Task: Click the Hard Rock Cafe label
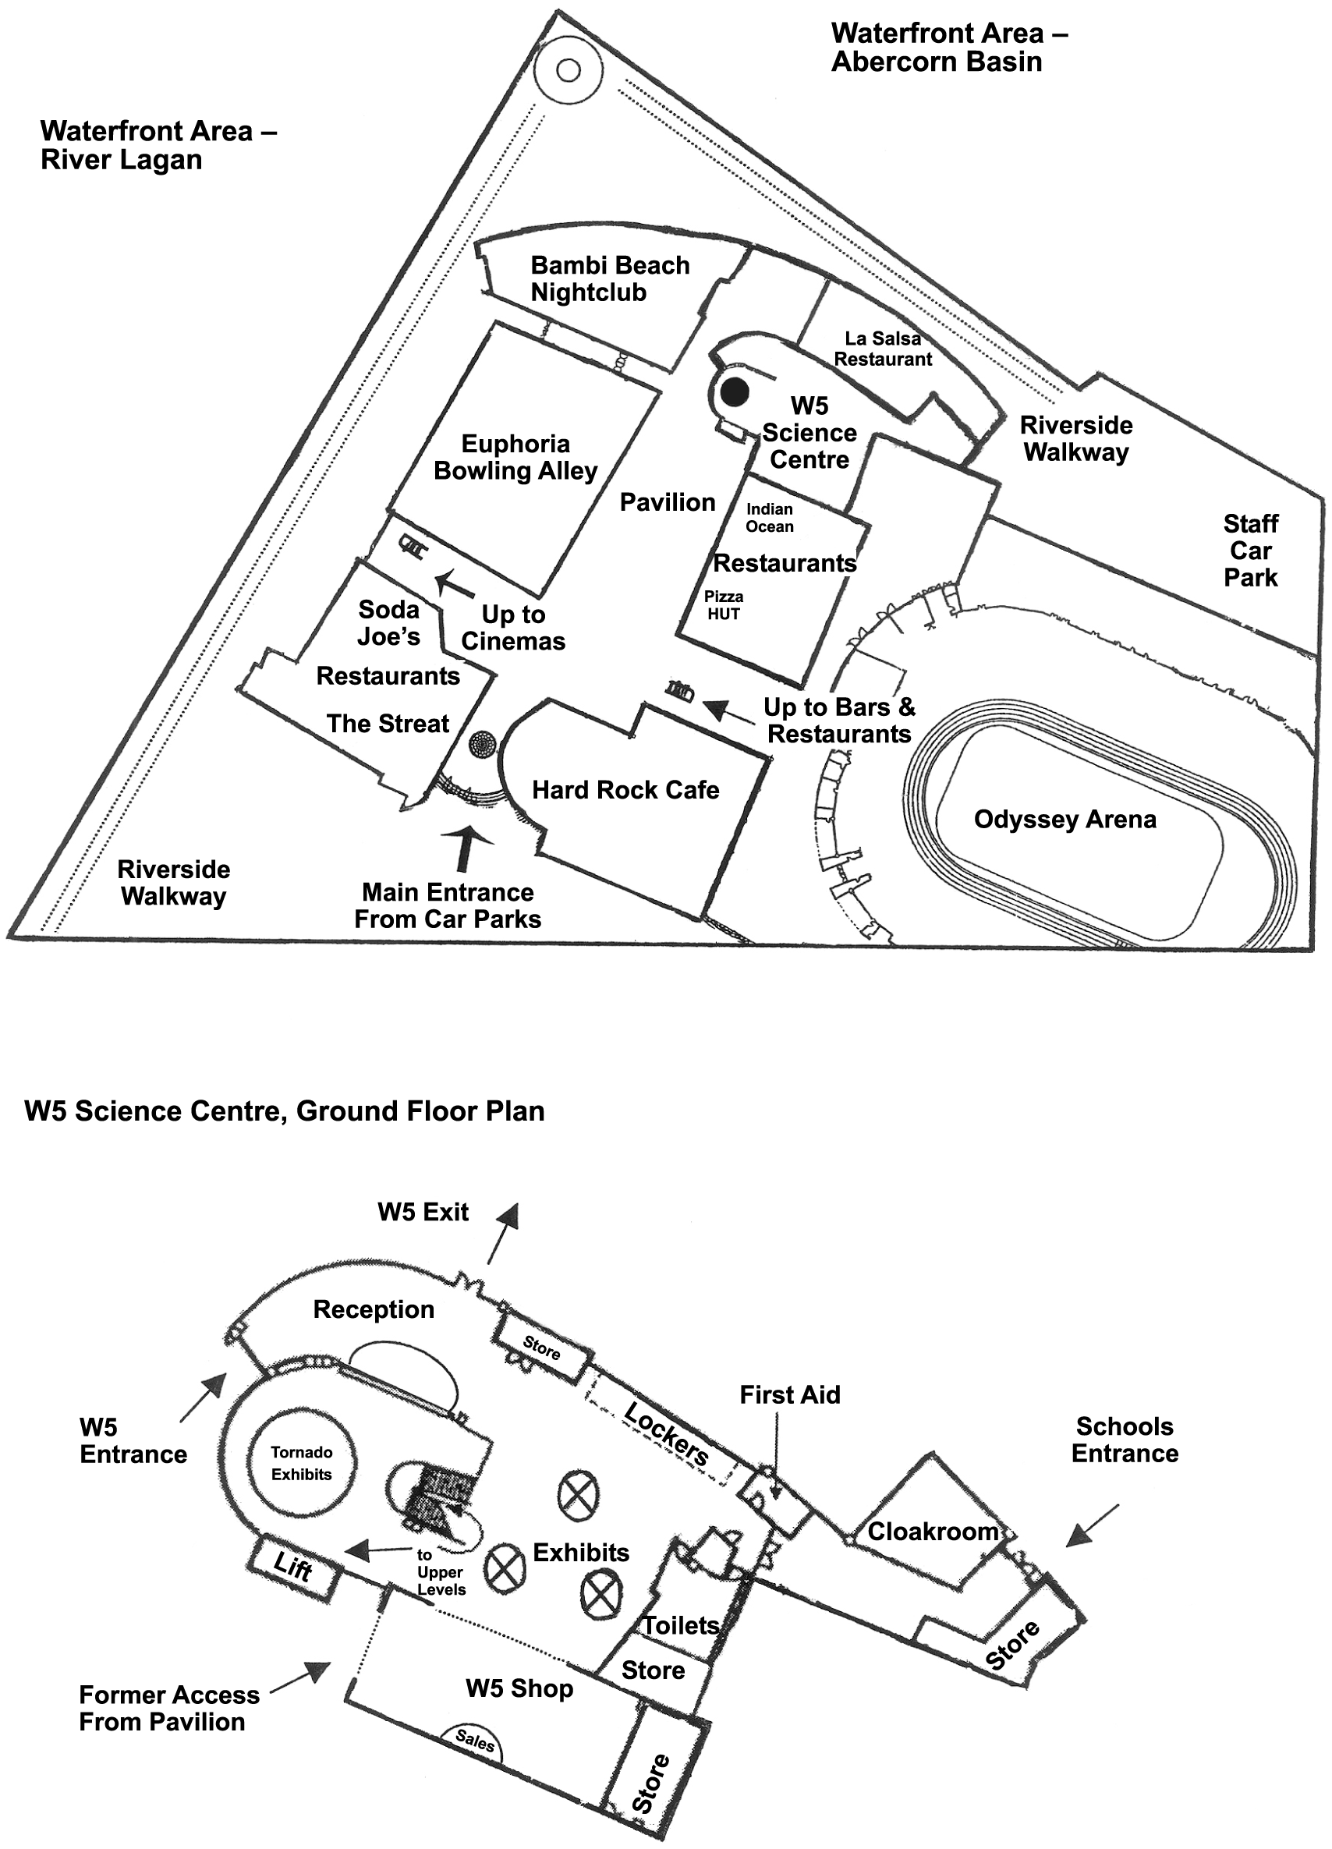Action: click(625, 790)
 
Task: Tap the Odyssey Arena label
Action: click(1065, 819)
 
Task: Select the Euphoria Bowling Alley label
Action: click(515, 457)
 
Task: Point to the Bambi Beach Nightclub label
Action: click(610, 279)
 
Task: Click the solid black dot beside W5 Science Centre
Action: click(735, 393)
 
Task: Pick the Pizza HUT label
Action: click(723, 605)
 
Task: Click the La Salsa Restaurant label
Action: click(883, 349)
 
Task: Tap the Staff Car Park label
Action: click(1250, 551)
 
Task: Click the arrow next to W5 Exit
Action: click(503, 1234)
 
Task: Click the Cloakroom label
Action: click(933, 1532)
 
